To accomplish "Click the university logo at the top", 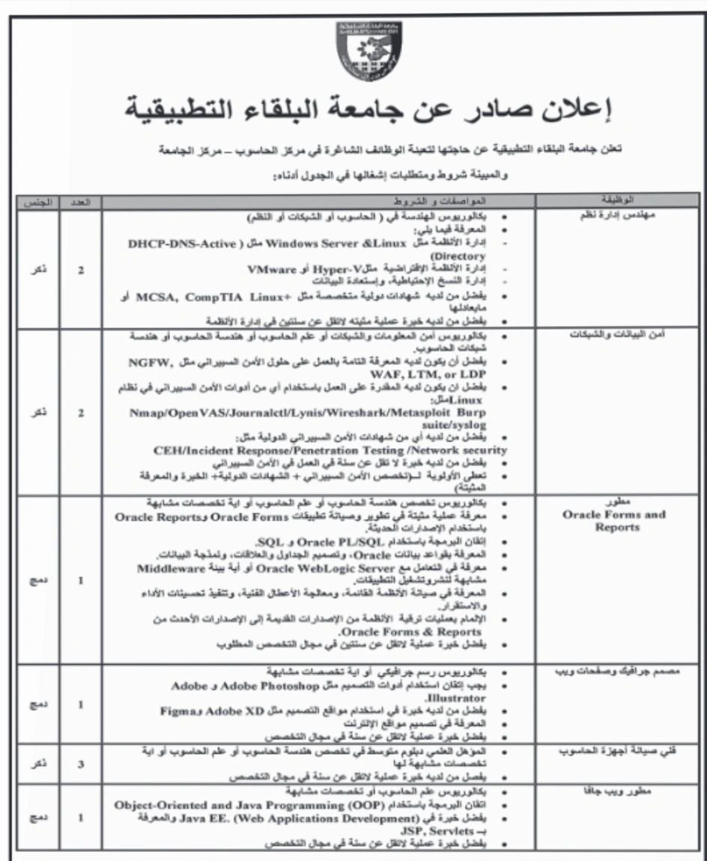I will [x=369, y=50].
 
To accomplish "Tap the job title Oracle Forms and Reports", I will [x=614, y=521].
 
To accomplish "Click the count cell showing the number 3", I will [x=80, y=765].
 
